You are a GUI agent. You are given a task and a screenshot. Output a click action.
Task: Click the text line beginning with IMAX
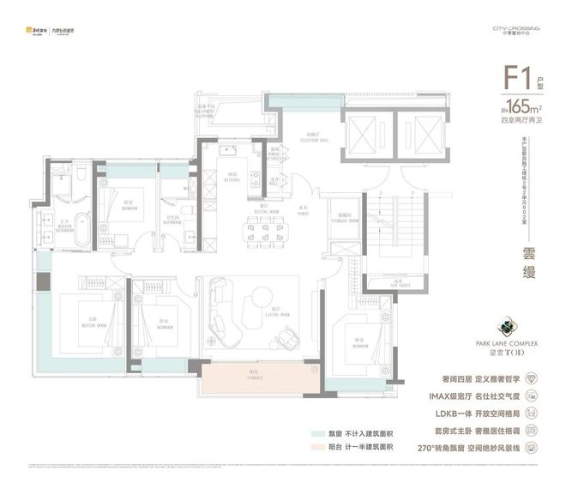point(479,397)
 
